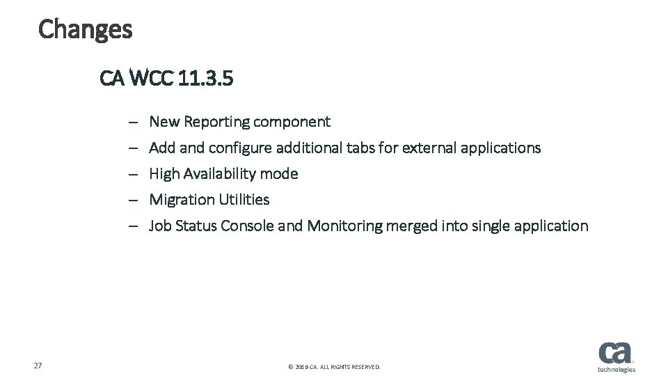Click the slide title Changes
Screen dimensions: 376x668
coord(85,29)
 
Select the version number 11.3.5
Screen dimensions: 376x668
coord(205,78)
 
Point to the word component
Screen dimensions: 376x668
coord(292,122)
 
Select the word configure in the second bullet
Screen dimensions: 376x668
coord(240,148)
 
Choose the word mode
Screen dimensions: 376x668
coord(280,174)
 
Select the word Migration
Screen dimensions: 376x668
coord(182,200)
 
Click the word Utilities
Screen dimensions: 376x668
coord(244,200)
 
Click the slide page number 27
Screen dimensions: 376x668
coord(38,366)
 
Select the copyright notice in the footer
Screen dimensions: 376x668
coord(334,366)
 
